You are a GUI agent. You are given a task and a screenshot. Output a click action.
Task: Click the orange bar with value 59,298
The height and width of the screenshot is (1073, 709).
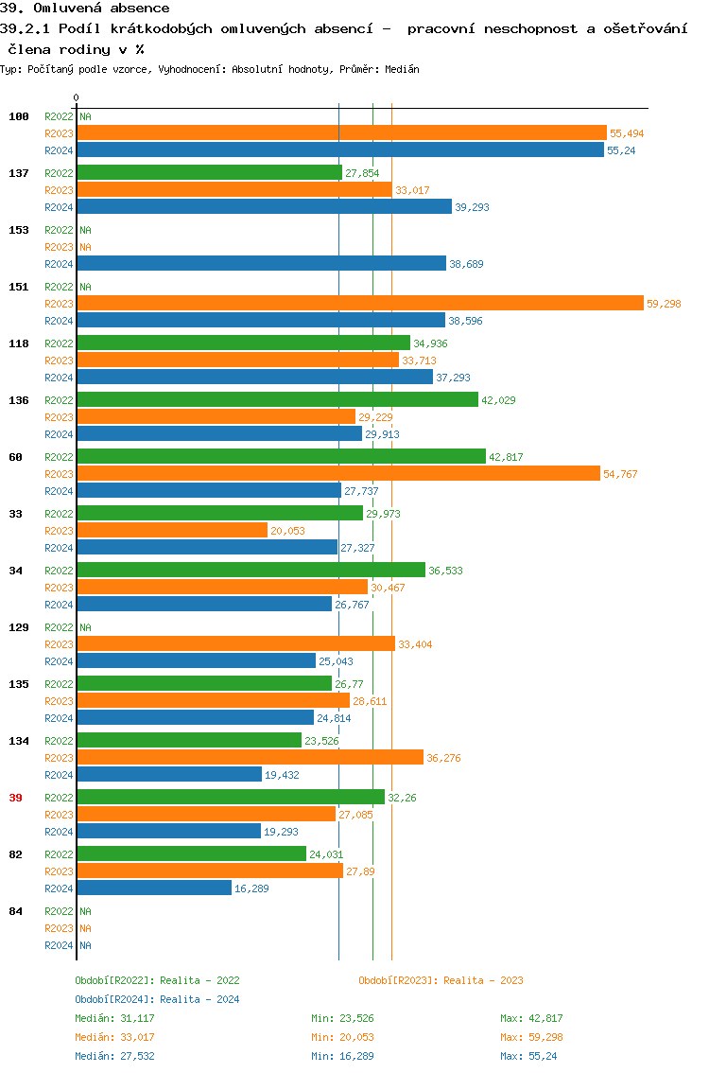pos(359,303)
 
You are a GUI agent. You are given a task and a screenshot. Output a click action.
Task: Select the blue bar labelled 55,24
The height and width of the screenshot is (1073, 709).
pos(339,150)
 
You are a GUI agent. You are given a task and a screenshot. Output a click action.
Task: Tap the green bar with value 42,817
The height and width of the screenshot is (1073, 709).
pos(281,456)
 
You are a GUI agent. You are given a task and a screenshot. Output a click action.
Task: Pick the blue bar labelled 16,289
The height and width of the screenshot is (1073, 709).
pos(154,888)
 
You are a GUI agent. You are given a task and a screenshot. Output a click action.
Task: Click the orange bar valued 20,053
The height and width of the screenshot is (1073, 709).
pos(172,530)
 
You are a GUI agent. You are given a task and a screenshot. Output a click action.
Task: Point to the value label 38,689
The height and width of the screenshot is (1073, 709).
pos(466,264)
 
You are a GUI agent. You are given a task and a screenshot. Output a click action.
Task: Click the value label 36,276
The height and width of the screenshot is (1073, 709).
pos(443,758)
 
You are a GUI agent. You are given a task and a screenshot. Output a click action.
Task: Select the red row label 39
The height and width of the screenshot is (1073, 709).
pos(15,798)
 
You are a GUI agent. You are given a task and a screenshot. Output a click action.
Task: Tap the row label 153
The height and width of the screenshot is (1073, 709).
pos(19,230)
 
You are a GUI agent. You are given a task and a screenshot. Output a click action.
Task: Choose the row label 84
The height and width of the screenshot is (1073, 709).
pos(15,911)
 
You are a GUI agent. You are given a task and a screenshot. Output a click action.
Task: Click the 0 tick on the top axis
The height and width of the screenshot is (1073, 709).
pos(77,97)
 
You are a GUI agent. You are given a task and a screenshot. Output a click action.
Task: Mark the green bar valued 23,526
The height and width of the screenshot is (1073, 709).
pos(189,740)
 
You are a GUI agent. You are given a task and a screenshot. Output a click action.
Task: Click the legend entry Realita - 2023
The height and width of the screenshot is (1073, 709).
pos(441,980)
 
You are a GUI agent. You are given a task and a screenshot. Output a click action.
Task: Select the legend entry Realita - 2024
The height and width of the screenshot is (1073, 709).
pos(157,999)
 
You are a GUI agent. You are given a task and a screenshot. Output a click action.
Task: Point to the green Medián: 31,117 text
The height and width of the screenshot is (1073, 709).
pos(114,1018)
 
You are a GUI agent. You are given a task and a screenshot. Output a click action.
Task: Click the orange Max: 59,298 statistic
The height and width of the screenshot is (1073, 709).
pos(531,1037)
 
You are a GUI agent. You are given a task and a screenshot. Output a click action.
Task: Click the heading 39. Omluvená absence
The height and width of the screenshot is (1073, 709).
pos(85,9)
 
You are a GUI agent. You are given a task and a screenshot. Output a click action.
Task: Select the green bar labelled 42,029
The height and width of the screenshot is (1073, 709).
pos(277,399)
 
